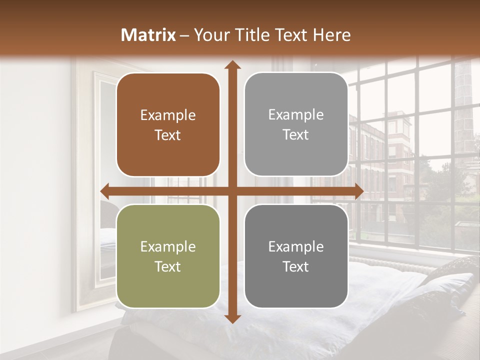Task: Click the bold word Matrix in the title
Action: click(x=148, y=35)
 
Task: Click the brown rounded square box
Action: click(x=168, y=124)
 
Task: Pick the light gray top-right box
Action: click(x=296, y=124)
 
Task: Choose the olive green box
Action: click(x=168, y=256)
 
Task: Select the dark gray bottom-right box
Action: click(x=296, y=256)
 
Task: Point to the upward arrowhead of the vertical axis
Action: click(x=232, y=64)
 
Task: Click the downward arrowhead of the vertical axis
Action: click(x=232, y=318)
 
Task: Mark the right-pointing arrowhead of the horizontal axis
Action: click(x=358, y=191)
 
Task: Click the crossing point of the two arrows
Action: click(x=232, y=191)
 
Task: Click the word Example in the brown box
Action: click(x=168, y=115)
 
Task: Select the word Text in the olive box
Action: click(x=168, y=266)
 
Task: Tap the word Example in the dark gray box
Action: click(x=296, y=246)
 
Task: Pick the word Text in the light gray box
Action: click(x=296, y=135)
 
